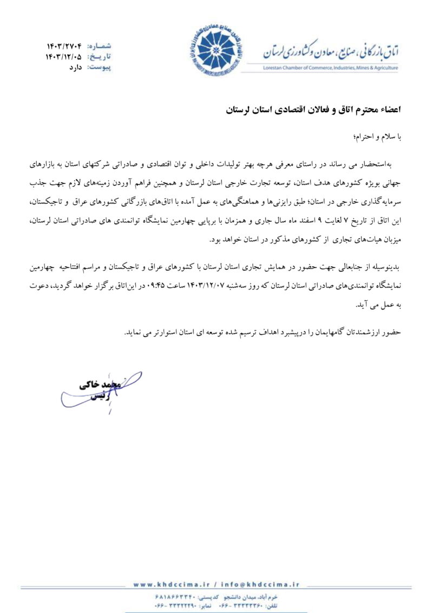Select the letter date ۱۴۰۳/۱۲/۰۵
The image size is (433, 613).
(63, 56)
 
